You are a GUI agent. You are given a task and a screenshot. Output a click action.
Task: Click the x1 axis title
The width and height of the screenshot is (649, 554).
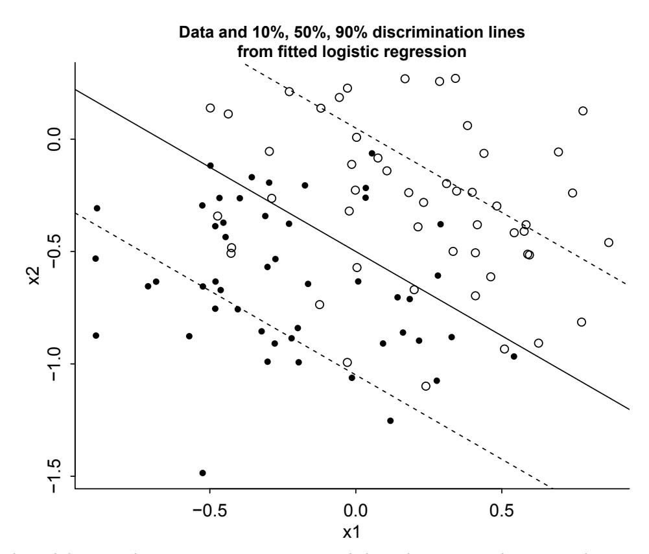coord(355,533)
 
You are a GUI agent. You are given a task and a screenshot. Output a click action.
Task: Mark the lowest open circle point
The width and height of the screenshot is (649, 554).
coord(426,386)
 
